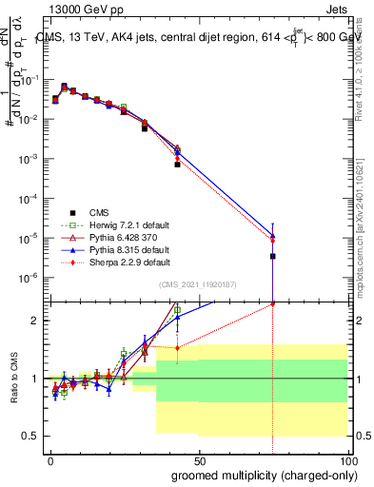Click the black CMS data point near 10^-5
(x=273, y=256)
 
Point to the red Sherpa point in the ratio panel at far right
(x=273, y=304)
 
